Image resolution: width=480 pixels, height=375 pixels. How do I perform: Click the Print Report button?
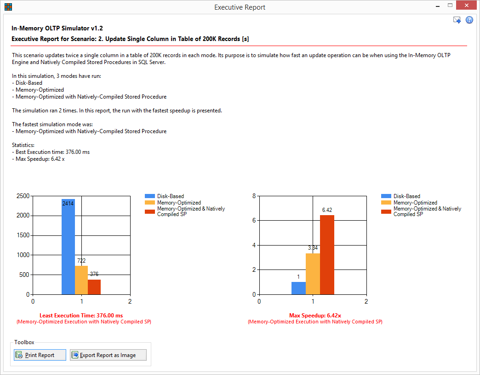point(40,355)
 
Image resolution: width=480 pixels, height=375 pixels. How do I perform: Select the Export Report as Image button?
point(108,355)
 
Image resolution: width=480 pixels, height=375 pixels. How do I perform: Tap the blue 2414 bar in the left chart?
point(68,247)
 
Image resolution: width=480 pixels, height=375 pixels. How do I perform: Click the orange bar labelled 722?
point(81,280)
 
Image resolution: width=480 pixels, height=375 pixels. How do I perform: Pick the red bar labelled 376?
point(94,287)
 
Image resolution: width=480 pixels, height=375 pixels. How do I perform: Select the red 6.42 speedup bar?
point(327,255)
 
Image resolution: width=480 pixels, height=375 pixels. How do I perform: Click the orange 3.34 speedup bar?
point(313,274)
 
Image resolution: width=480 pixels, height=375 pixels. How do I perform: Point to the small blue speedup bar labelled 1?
point(298,288)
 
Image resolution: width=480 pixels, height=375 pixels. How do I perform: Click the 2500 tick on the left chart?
point(23,196)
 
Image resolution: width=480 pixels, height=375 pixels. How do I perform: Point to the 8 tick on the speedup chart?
point(254,196)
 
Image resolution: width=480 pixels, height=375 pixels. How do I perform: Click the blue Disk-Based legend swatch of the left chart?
point(150,196)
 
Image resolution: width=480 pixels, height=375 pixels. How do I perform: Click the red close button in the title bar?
point(466,5)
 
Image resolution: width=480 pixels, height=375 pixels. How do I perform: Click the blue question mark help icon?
point(469,20)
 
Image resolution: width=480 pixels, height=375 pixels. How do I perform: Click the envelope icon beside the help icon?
point(457,20)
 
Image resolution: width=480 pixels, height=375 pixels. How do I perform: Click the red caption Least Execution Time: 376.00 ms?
point(81,315)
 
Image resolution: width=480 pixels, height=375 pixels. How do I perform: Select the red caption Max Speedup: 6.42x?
point(315,315)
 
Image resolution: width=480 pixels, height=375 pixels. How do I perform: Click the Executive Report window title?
point(240,7)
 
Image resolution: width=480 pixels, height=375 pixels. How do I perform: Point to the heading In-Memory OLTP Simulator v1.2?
point(57,28)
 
